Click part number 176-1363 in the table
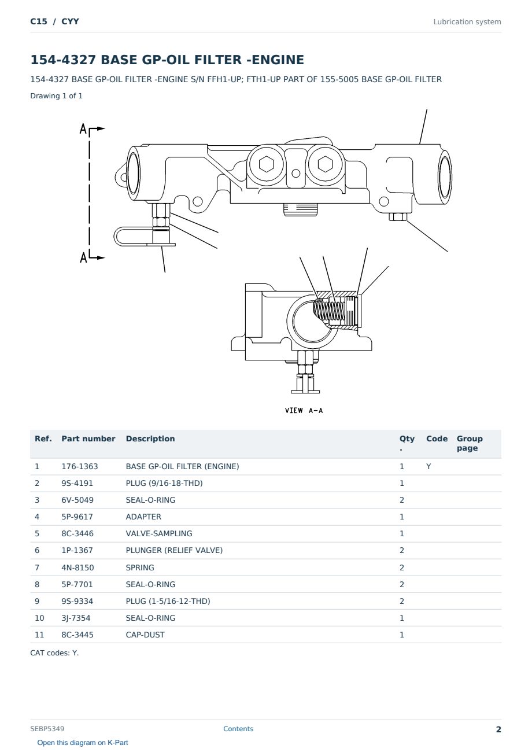80,466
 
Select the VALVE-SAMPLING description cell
159,533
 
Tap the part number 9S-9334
77,601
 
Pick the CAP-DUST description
145,635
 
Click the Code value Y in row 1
428,466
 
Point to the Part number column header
88,438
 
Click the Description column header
150,438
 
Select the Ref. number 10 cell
39,618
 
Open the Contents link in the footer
238,728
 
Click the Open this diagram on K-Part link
83,742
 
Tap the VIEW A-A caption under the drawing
304,410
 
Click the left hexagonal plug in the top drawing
267,165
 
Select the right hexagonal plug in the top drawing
325,164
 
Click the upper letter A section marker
83,128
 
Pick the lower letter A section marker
83,257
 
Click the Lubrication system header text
467,22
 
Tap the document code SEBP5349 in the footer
47,728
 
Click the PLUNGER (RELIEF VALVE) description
174,550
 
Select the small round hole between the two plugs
295,173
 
